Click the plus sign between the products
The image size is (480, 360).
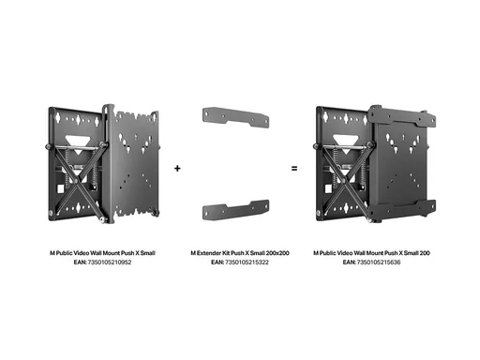[177, 169]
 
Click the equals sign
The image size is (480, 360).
[294, 169]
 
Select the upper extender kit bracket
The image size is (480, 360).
[236, 117]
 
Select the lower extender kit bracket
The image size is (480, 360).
[236, 210]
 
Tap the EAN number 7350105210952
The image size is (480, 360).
[110, 262]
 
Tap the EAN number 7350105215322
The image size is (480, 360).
[247, 262]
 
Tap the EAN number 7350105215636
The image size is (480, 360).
[379, 262]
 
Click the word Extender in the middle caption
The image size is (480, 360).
[209, 253]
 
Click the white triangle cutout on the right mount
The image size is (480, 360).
[345, 143]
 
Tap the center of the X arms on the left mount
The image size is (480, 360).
[76, 181]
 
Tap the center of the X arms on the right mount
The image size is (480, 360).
[344, 181]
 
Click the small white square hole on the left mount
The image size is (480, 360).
[60, 188]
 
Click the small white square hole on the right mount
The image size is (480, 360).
[328, 188]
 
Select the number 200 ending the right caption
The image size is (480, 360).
[425, 253]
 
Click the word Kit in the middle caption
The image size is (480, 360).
[226, 253]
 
